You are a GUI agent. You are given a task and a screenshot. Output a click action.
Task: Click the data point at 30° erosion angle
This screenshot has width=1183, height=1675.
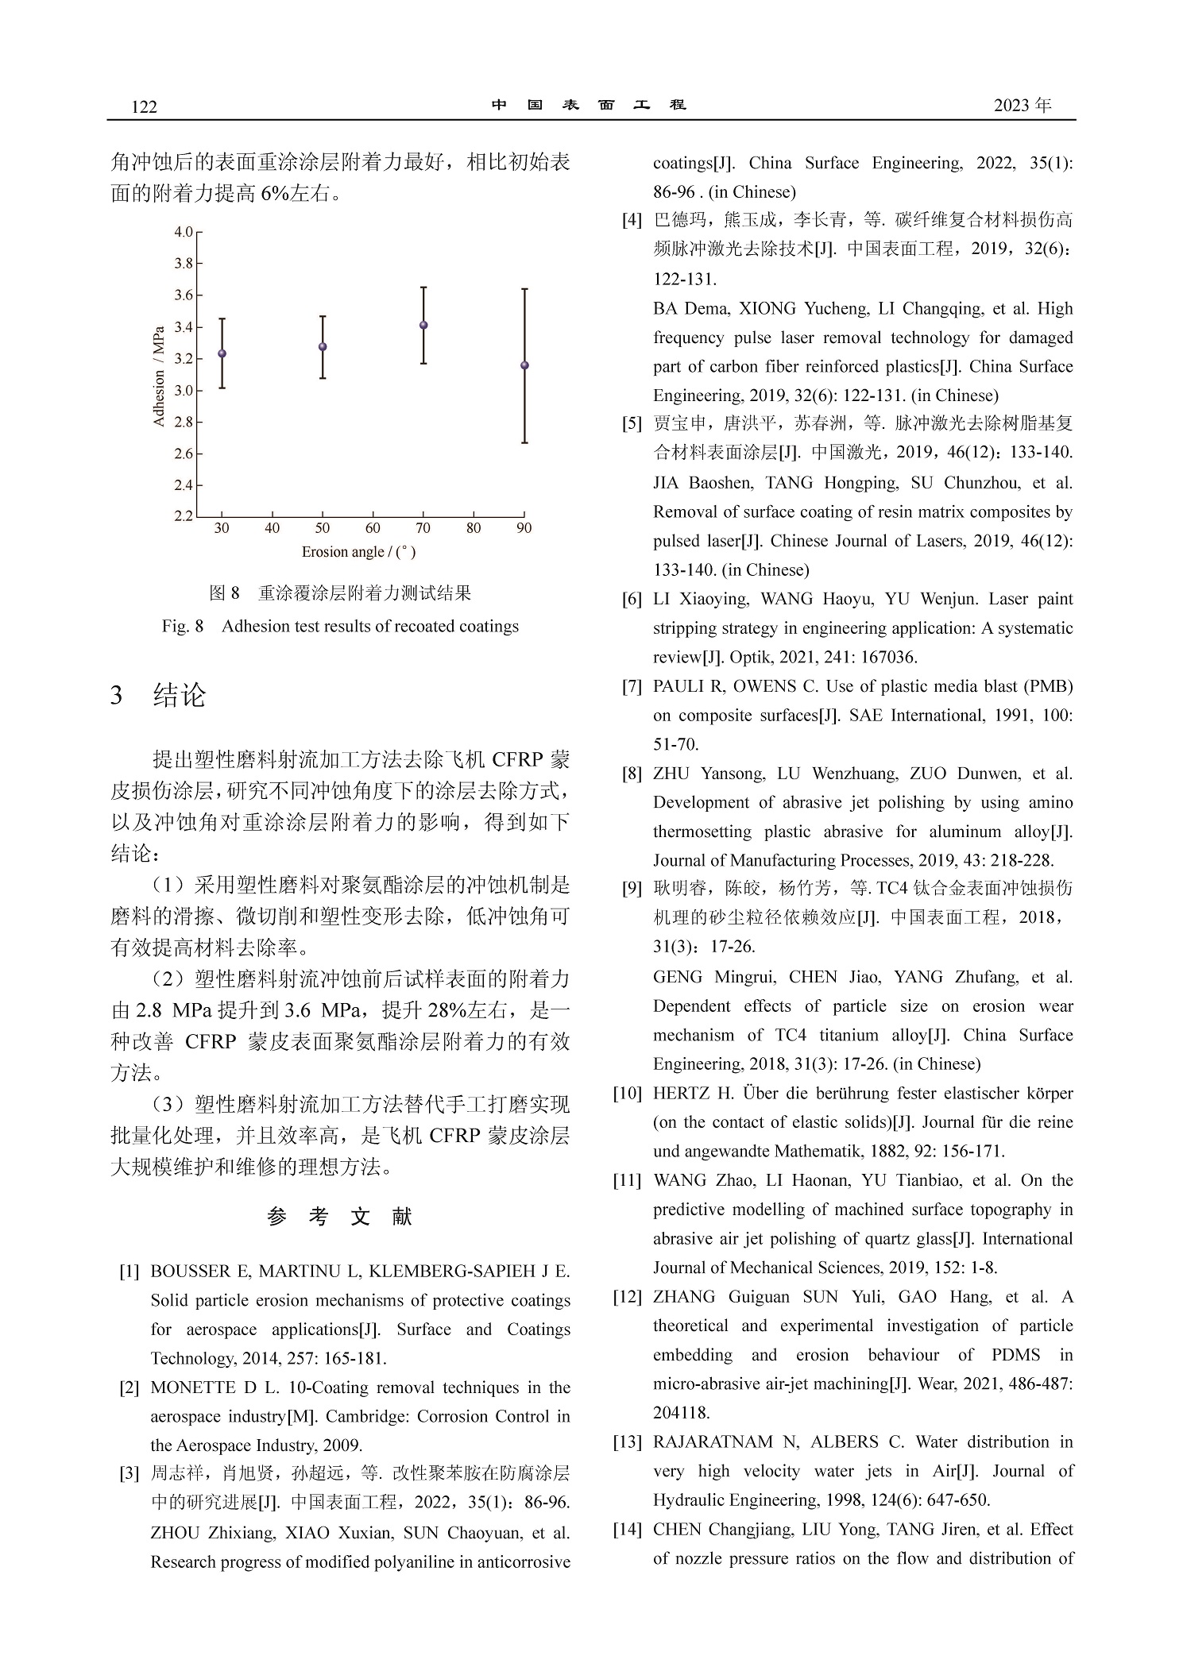[222, 353]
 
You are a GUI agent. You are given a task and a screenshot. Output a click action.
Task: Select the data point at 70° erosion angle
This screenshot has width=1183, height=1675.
[423, 325]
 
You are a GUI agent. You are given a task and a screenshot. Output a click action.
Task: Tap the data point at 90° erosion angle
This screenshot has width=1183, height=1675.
[524, 365]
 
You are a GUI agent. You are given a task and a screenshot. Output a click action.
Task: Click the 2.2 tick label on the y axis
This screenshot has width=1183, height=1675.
[184, 516]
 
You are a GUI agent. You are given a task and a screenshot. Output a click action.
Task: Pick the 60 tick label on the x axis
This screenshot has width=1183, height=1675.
[373, 528]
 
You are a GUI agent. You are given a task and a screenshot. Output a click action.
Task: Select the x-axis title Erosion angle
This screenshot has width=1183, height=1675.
[358, 551]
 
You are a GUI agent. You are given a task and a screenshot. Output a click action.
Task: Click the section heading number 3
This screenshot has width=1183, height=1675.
[118, 696]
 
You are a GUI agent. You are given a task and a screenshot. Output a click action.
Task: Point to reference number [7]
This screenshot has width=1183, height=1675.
[632, 686]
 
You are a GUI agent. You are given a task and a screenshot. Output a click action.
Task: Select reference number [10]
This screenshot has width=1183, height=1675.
[627, 1094]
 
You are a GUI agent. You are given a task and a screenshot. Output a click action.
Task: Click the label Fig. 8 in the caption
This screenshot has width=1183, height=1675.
[183, 627]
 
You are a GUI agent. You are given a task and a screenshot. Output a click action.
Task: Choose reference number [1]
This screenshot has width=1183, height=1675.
[130, 1272]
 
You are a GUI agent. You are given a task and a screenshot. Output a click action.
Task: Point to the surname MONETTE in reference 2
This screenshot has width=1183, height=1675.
[191, 1387]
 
